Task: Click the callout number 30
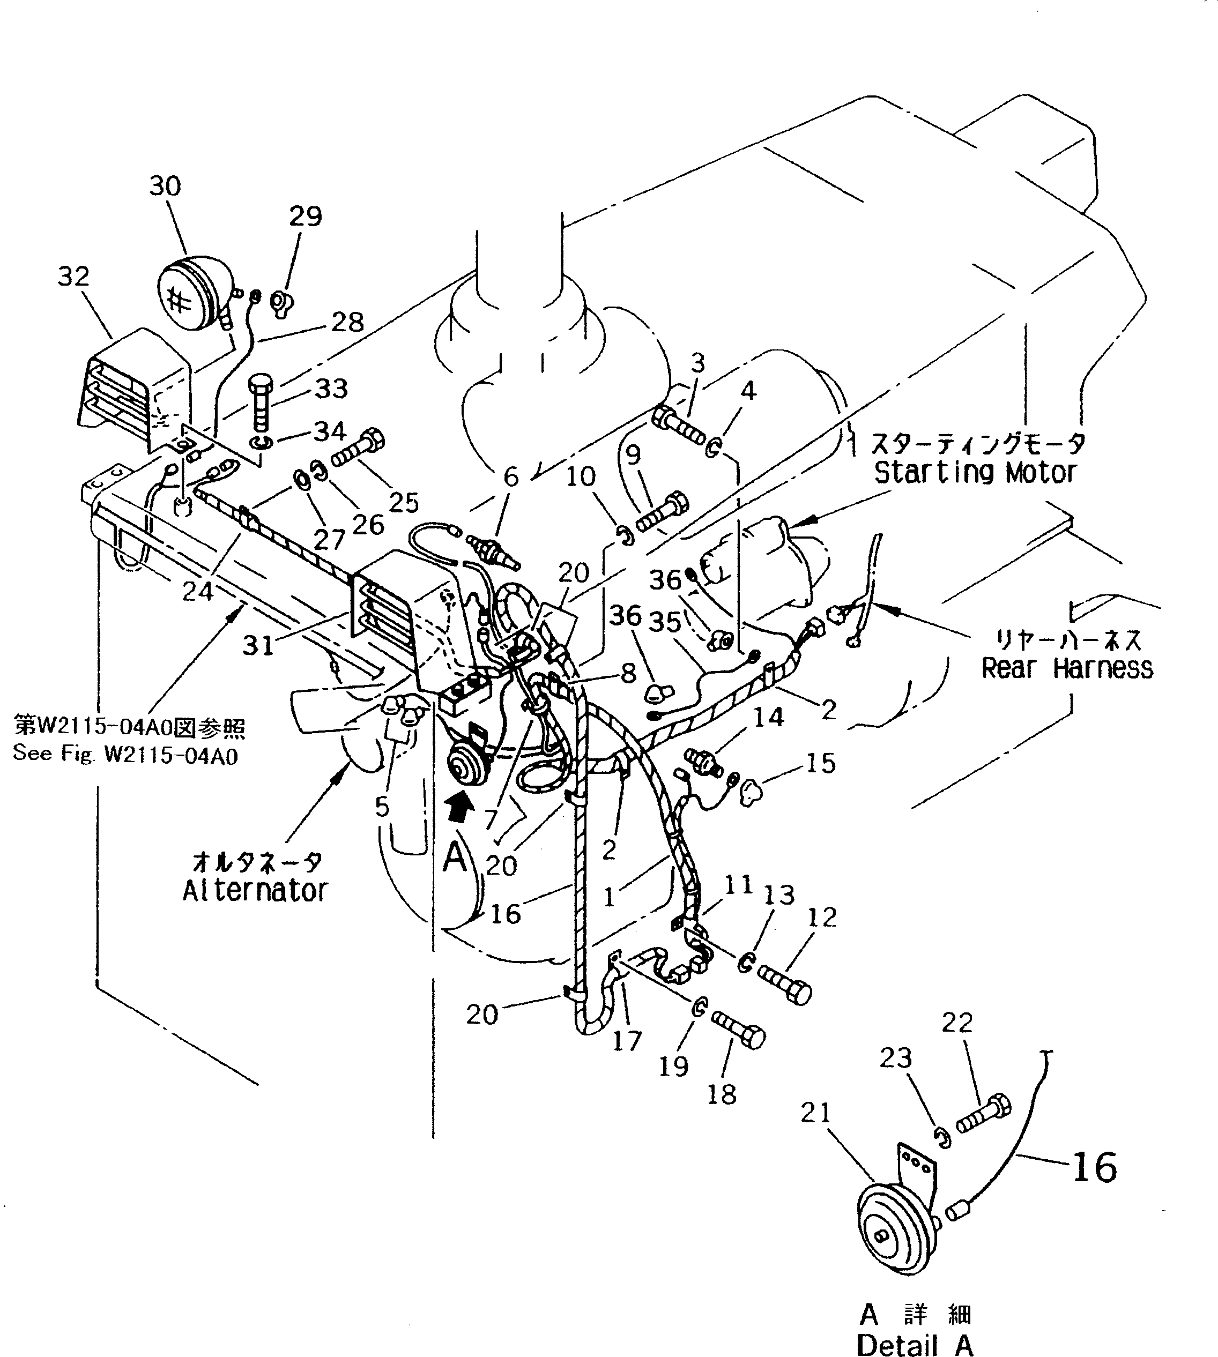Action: pyautogui.click(x=165, y=185)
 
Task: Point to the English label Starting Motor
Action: pyautogui.click(x=975, y=473)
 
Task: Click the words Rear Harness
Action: pyautogui.click(x=1067, y=668)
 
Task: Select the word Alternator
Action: pyautogui.click(x=255, y=890)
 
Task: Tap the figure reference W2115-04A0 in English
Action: pyautogui.click(x=125, y=756)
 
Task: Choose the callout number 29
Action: pyautogui.click(x=305, y=216)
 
